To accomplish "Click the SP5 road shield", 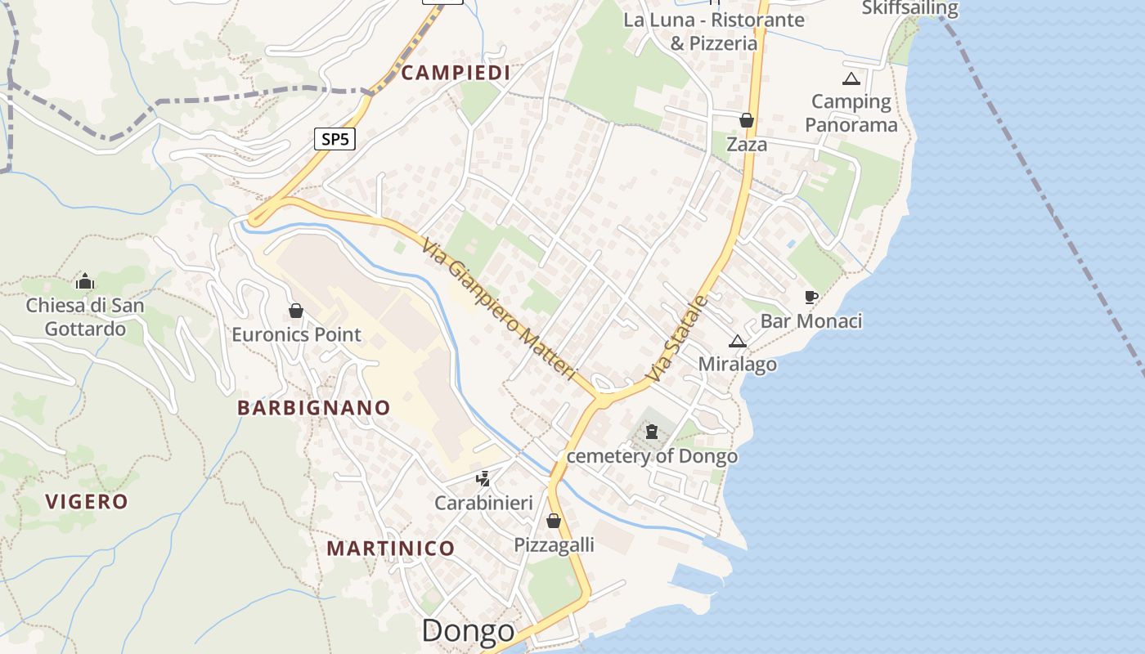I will [x=335, y=139].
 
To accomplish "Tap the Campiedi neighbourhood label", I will [x=456, y=73].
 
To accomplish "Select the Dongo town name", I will [x=469, y=630].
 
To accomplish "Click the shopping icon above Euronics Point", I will [x=296, y=311].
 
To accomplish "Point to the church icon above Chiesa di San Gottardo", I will [x=85, y=282].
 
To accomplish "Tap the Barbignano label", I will [x=314, y=407].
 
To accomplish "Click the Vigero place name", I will [x=87, y=501].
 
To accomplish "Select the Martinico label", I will [x=391, y=548].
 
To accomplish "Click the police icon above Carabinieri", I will [x=483, y=478].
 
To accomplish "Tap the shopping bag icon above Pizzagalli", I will [x=554, y=521].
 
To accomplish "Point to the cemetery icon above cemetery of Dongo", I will [x=652, y=431].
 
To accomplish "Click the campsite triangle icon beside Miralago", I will [x=738, y=341].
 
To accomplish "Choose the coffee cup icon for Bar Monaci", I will [x=810, y=297].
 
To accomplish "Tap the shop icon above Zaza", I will [x=747, y=121].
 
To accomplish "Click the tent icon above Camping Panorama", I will [x=851, y=79].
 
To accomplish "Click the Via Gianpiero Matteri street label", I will [x=501, y=308].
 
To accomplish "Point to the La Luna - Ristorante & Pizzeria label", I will [x=714, y=31].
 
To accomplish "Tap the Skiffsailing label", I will [x=909, y=8].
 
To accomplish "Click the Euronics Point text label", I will [x=296, y=334].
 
